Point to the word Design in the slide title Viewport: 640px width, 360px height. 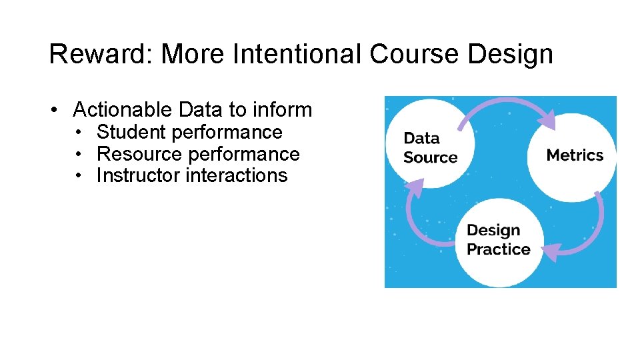click(510, 54)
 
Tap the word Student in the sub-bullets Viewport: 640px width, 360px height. click(131, 132)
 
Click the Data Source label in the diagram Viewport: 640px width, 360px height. click(430, 148)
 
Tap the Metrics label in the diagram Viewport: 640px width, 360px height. click(575, 155)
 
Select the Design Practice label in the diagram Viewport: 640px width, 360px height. click(498, 240)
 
